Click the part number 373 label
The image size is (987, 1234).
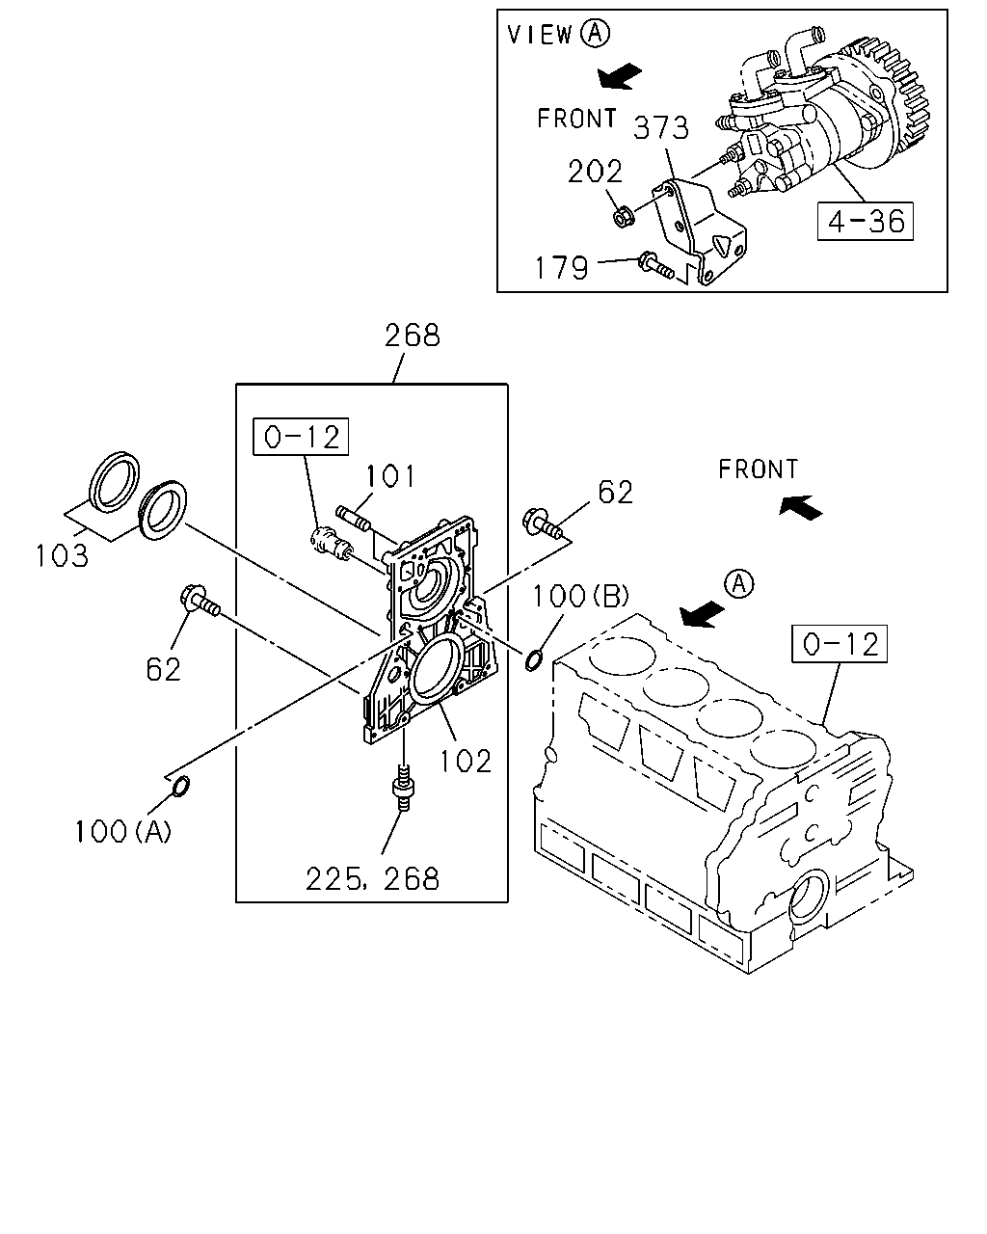tap(660, 128)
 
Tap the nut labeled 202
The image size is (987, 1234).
tap(621, 217)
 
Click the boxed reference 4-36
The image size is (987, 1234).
tap(865, 221)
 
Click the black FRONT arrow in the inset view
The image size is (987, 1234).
tap(620, 76)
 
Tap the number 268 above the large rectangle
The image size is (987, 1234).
tap(412, 335)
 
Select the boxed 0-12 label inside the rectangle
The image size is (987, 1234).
tap(301, 437)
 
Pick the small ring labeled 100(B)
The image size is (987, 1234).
tap(533, 660)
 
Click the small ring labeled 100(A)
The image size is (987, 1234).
tap(181, 786)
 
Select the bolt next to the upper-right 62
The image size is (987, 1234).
tap(542, 524)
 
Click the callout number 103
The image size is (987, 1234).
tap(63, 555)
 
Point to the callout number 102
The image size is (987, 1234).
tap(466, 762)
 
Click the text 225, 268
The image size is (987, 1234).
tap(372, 878)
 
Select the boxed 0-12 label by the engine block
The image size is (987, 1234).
tap(839, 644)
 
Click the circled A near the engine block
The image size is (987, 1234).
tap(739, 584)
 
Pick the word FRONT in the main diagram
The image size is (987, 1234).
tap(758, 469)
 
